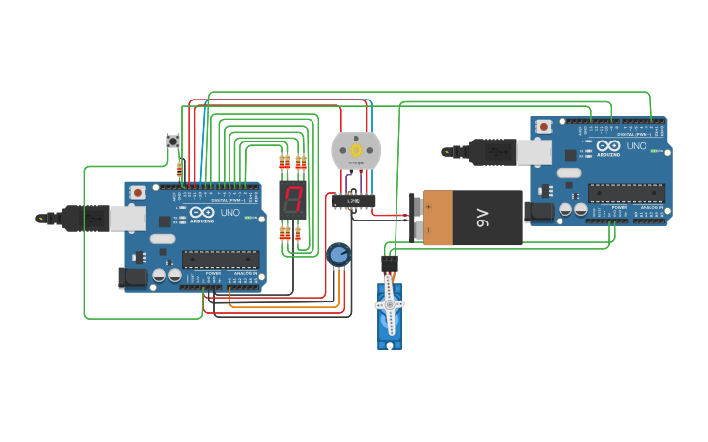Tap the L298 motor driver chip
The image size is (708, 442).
click(353, 201)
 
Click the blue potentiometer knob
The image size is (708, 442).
click(338, 256)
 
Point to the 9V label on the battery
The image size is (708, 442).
click(481, 217)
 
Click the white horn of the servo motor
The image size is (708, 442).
click(390, 305)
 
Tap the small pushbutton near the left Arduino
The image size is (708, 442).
click(173, 141)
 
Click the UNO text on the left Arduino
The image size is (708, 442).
click(230, 212)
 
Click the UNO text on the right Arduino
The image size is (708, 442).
click(636, 146)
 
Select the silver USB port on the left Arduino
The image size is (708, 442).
click(127, 218)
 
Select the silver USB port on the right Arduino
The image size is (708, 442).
click(533, 151)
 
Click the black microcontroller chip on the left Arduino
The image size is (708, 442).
click(221, 260)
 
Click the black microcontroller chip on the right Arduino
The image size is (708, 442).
click(626, 193)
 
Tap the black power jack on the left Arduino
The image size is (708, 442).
click(133, 278)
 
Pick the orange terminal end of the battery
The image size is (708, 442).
click(437, 217)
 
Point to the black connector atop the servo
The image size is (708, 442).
click(390, 262)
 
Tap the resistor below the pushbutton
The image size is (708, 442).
click(179, 168)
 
